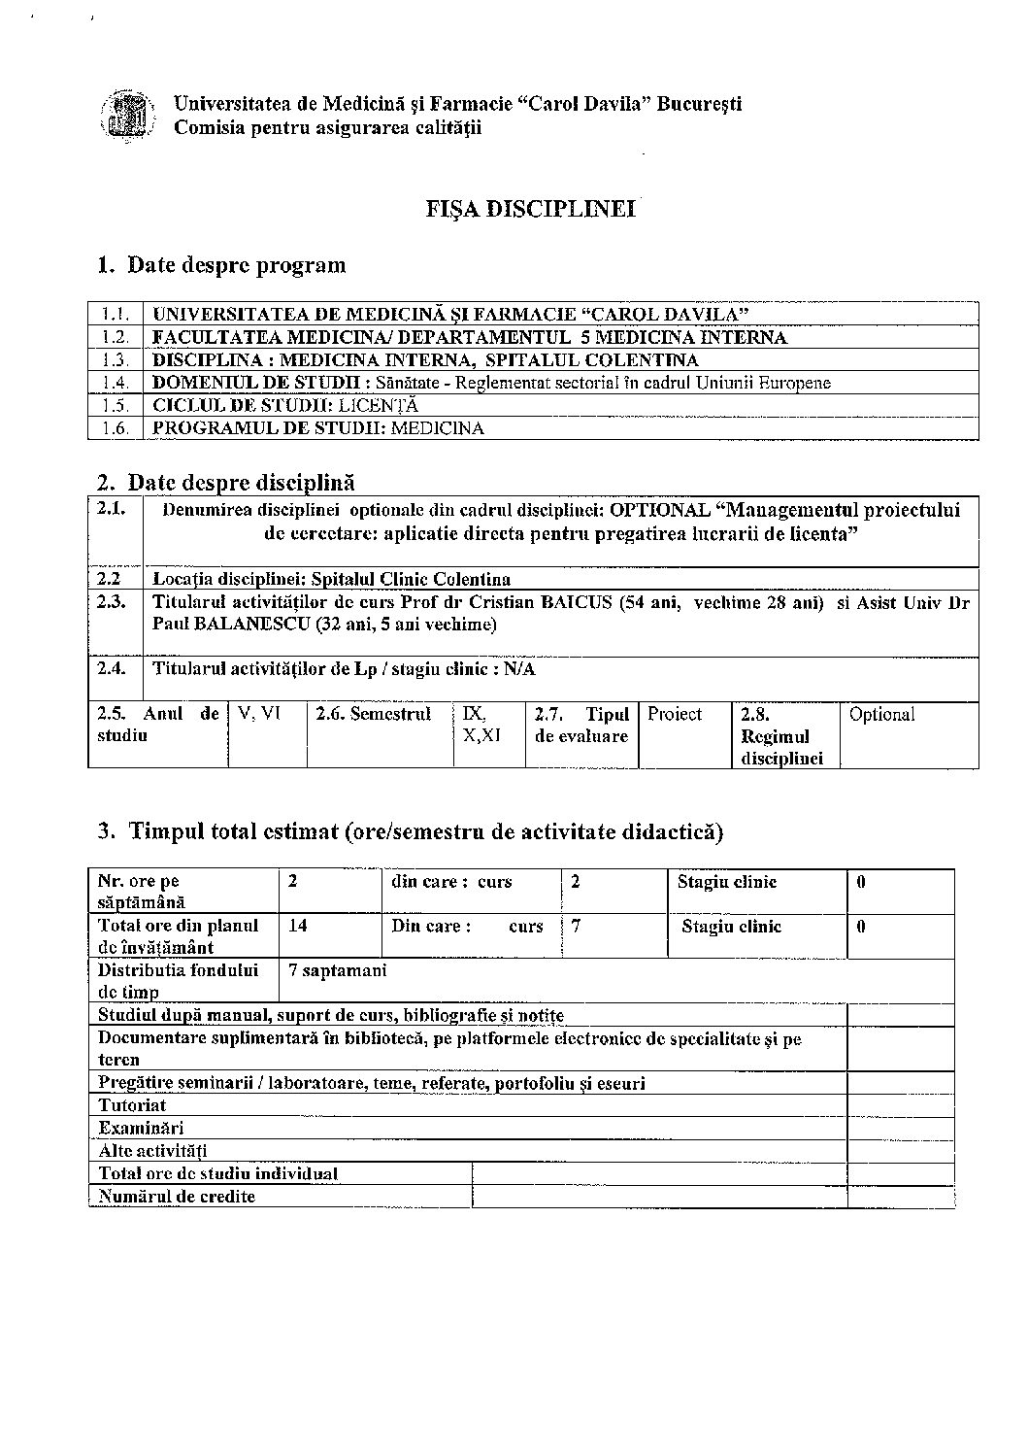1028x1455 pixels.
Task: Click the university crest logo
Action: point(127,115)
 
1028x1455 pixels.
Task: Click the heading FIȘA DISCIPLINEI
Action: point(531,209)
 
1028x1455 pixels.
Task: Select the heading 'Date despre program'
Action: point(236,265)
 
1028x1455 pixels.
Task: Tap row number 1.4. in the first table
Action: point(116,383)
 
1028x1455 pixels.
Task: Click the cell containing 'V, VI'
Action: point(259,714)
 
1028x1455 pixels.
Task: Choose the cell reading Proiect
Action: point(675,715)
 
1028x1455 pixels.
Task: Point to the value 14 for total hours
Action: point(298,926)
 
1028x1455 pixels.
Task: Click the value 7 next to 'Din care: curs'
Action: point(576,926)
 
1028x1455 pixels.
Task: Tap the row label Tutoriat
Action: point(132,1105)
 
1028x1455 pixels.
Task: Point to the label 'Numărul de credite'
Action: point(177,1197)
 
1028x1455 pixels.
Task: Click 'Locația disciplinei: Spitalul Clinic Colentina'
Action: point(332,580)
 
